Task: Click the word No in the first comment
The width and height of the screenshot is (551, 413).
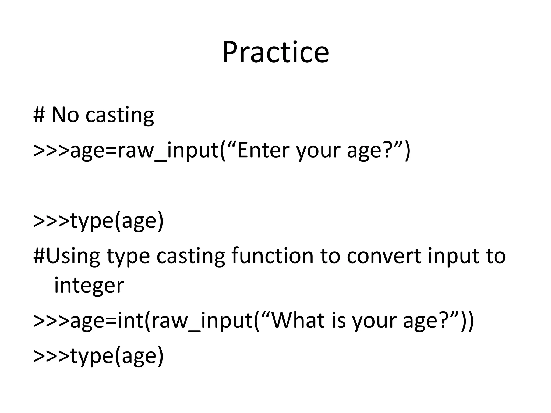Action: coord(65,115)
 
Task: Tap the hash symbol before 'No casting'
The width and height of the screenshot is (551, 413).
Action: coord(39,115)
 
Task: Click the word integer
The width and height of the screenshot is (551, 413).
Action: coord(89,286)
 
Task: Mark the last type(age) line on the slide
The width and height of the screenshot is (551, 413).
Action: coord(98,356)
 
